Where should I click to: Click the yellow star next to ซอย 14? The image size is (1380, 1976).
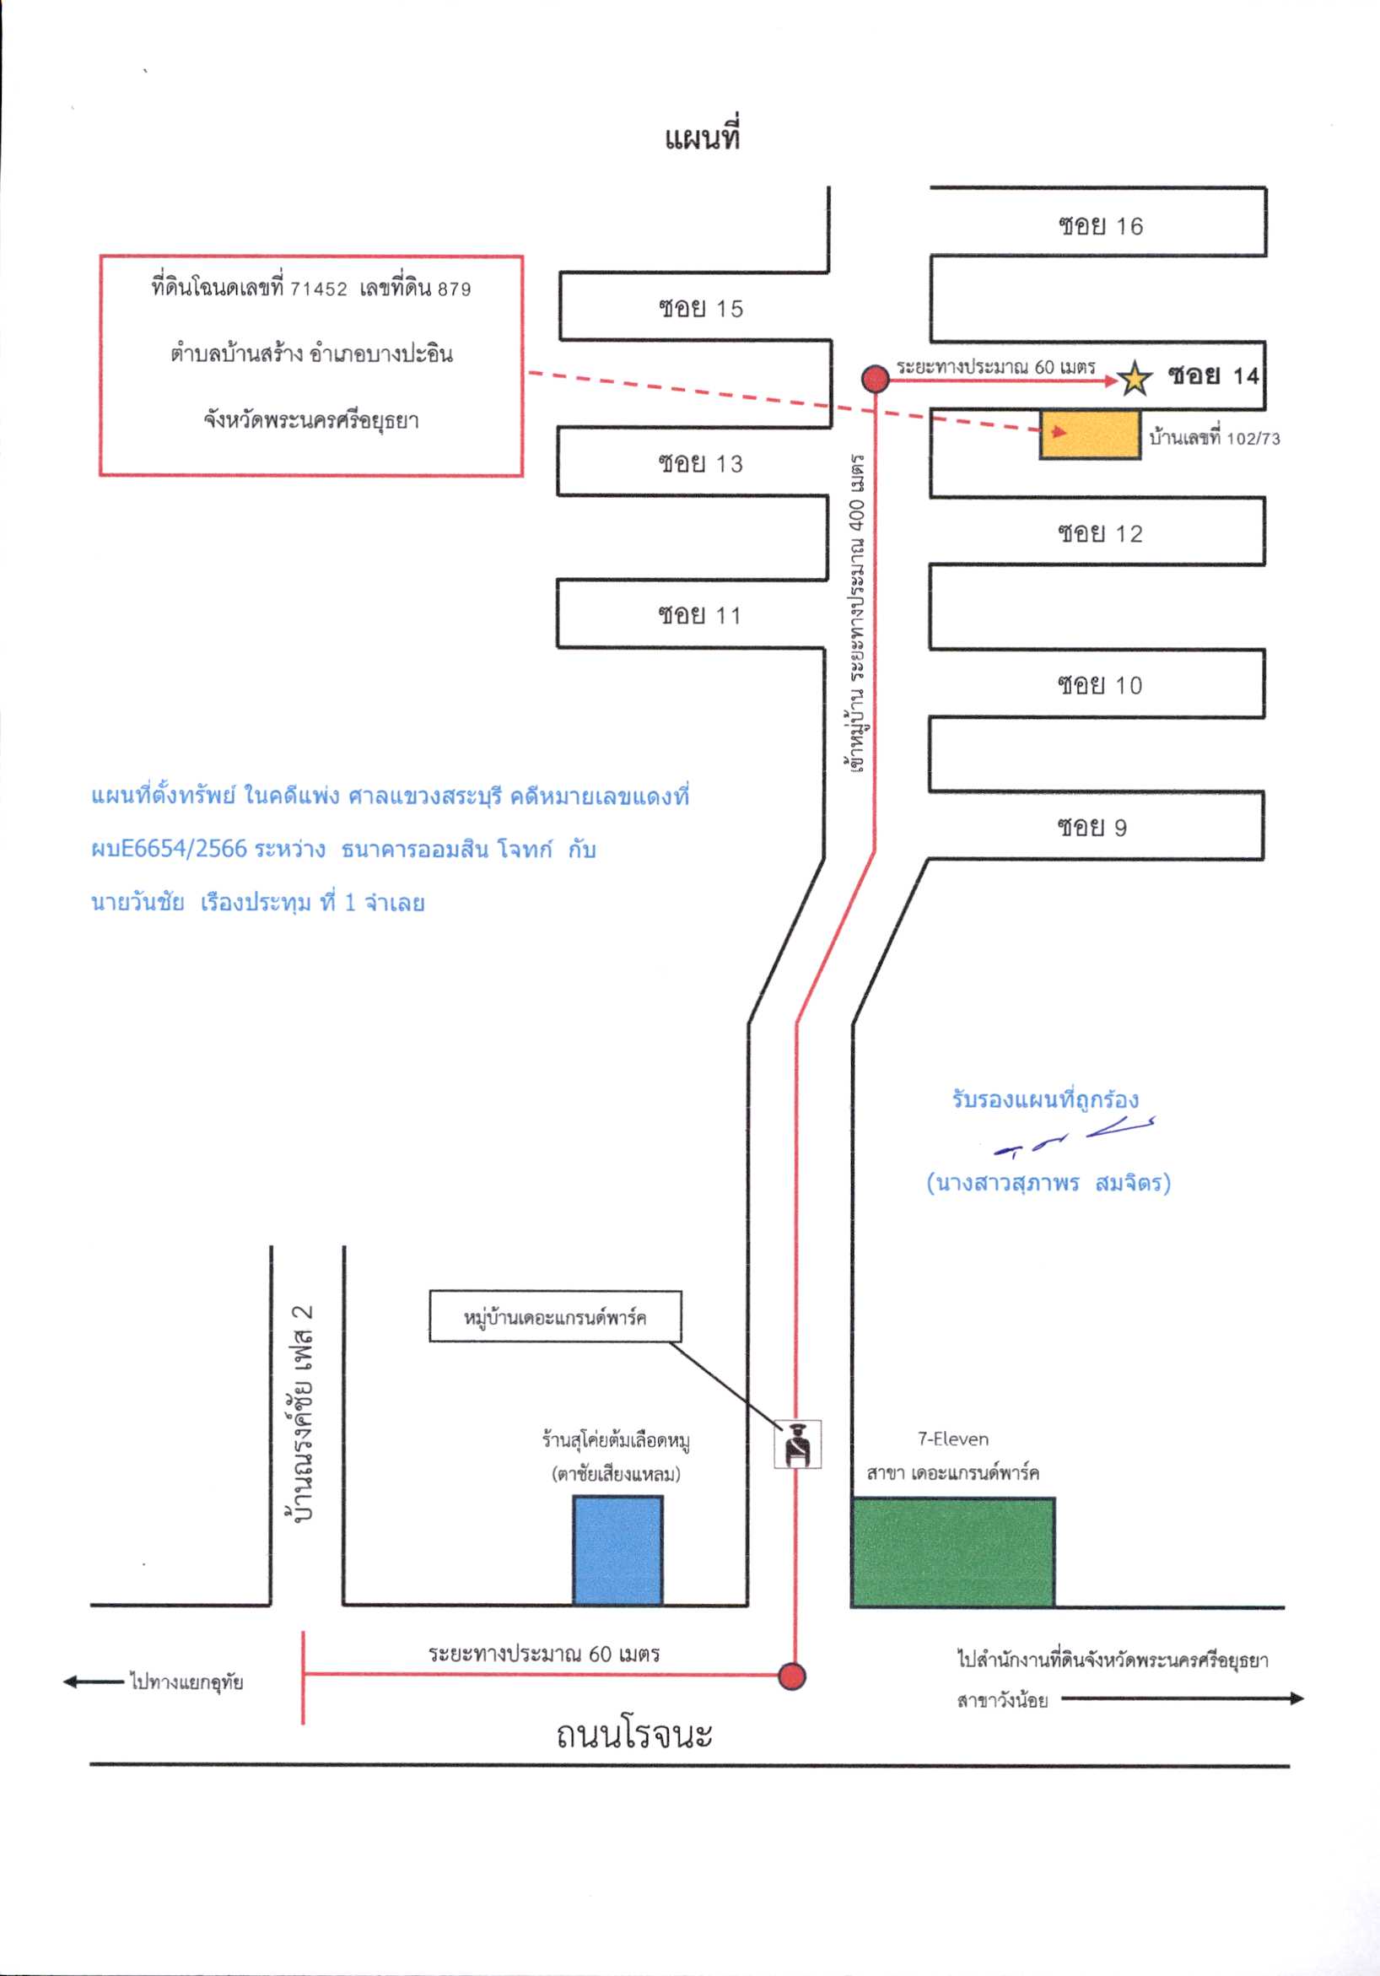pyautogui.click(x=1134, y=377)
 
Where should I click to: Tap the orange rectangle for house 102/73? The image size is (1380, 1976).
pyautogui.click(x=1090, y=435)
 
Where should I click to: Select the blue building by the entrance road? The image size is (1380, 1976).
pyautogui.click(x=617, y=1550)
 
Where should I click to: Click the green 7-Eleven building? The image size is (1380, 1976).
pyautogui.click(x=953, y=1552)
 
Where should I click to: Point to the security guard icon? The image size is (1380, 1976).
pyautogui.click(x=797, y=1444)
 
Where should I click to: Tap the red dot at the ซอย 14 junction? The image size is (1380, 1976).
pyautogui.click(x=875, y=377)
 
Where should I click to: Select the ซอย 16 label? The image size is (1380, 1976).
pyautogui.click(x=1101, y=226)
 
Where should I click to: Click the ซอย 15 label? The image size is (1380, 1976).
pyautogui.click(x=700, y=308)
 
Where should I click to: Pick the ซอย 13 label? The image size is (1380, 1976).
pyautogui.click(x=700, y=464)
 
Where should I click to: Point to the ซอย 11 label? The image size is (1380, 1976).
pyautogui.click(x=698, y=615)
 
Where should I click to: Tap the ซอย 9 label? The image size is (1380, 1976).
pyautogui.click(x=1092, y=827)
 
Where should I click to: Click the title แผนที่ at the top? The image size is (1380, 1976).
pyautogui.click(x=702, y=138)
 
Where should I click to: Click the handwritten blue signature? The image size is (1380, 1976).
pyautogui.click(x=1075, y=1139)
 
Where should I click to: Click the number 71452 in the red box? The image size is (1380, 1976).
pyautogui.click(x=318, y=289)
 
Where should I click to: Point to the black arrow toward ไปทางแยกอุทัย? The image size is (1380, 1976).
pyautogui.click(x=94, y=1681)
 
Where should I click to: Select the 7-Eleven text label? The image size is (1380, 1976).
pyautogui.click(x=952, y=1439)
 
